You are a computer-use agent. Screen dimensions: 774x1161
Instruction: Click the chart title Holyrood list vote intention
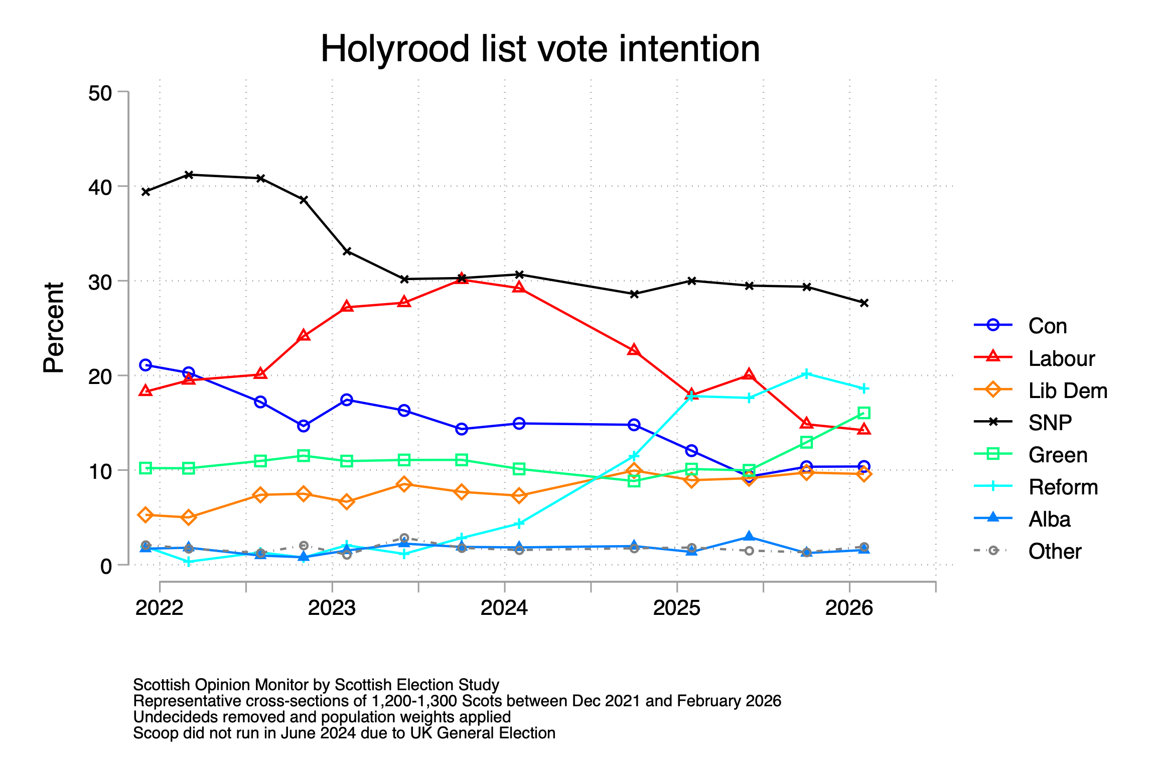pyautogui.click(x=540, y=49)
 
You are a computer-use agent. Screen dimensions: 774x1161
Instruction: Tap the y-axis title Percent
pyautogui.click(x=54, y=327)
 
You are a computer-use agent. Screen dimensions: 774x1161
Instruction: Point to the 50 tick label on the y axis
pyautogui.click(x=100, y=93)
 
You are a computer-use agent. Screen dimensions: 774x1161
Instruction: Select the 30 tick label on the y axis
pyautogui.click(x=100, y=282)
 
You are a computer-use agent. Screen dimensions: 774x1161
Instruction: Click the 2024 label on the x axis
pyautogui.click(x=504, y=608)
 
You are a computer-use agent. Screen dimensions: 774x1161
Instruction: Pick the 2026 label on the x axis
pyautogui.click(x=849, y=608)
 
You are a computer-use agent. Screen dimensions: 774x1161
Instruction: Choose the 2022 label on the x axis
pyautogui.click(x=160, y=608)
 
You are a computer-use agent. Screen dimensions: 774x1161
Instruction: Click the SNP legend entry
pyautogui.click(x=1050, y=423)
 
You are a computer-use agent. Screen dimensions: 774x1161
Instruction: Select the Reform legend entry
pyautogui.click(x=1063, y=487)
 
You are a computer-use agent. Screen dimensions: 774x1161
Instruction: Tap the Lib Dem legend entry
pyautogui.click(x=1067, y=391)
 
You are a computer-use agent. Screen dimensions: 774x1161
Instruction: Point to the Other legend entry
pyautogui.click(x=1054, y=551)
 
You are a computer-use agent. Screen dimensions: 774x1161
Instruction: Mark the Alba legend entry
pyautogui.click(x=1049, y=519)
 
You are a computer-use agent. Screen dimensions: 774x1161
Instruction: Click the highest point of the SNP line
pyautogui.click(x=189, y=175)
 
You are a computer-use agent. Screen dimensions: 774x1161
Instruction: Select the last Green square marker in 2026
pyautogui.click(x=863, y=413)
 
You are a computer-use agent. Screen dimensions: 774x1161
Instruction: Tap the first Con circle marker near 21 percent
pyautogui.click(x=146, y=365)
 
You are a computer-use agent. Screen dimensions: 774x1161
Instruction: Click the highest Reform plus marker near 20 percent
pyautogui.click(x=806, y=374)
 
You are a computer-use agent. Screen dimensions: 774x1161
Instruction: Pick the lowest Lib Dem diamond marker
pyautogui.click(x=189, y=517)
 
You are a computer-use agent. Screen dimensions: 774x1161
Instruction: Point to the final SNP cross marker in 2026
pyautogui.click(x=863, y=303)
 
